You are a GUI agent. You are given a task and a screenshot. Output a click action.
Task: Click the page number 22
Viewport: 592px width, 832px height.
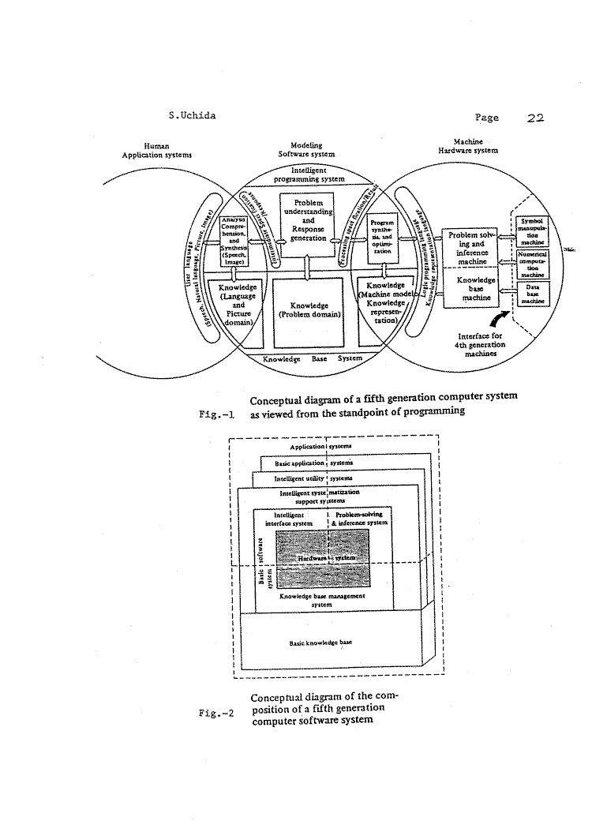tap(535, 118)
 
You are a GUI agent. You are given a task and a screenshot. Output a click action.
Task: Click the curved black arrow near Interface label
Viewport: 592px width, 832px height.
tap(498, 320)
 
